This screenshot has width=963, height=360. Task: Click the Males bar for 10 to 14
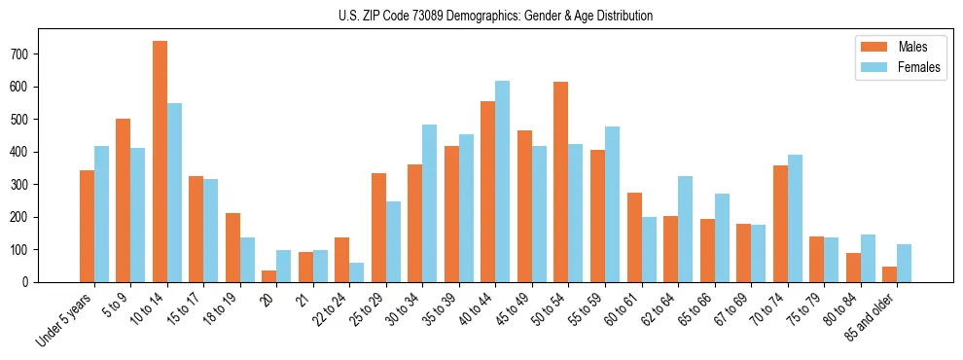click(160, 162)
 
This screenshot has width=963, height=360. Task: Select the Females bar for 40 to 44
click(503, 182)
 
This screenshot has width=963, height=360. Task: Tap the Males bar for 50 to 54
click(561, 182)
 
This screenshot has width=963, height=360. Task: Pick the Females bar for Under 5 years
click(101, 214)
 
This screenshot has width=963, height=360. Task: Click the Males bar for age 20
click(269, 276)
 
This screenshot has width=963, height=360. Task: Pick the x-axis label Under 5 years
click(65, 320)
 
